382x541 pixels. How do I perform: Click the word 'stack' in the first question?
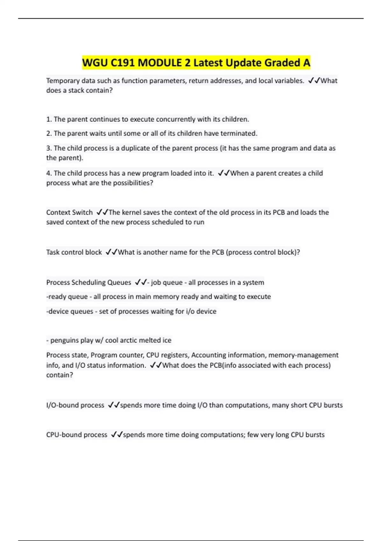tap(76, 90)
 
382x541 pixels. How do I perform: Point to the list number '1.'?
tap(49, 119)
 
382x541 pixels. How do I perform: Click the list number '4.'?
tap(49, 173)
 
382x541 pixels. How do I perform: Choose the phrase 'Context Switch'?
tap(69, 212)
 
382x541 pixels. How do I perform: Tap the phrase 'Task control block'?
tap(74, 252)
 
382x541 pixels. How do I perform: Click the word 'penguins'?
tap(65, 340)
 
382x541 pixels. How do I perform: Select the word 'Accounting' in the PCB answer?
tap(209, 355)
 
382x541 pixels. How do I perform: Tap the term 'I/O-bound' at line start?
tap(62, 405)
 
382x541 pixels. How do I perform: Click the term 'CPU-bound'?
tap(62, 435)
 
